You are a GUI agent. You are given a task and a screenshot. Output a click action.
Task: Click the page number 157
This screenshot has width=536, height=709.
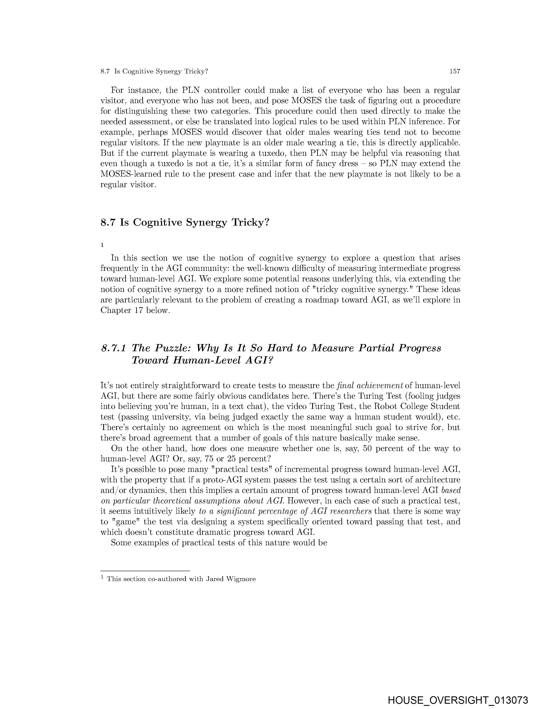tap(455, 72)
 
